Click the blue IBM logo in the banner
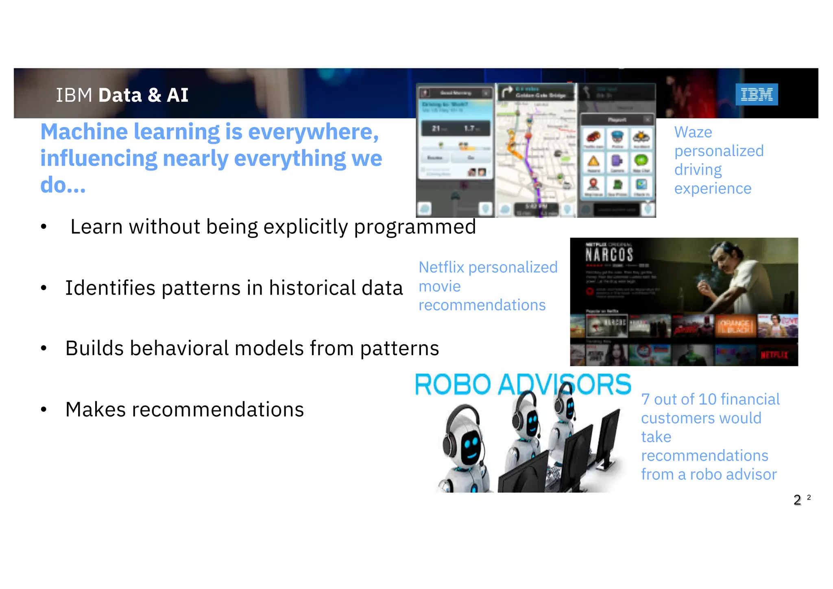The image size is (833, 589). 757,94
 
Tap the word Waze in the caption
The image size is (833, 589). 693,132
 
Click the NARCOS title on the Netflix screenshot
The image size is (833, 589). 609,255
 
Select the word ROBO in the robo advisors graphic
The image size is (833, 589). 453,384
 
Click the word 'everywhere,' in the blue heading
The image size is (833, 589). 313,132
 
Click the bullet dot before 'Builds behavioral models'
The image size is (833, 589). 44,348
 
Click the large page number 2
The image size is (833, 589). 797,500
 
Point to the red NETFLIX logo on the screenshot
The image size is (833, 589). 774,355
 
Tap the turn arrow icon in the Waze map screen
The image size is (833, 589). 506,92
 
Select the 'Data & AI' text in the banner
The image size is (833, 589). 143,95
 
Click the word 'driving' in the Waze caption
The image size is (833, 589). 698,170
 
